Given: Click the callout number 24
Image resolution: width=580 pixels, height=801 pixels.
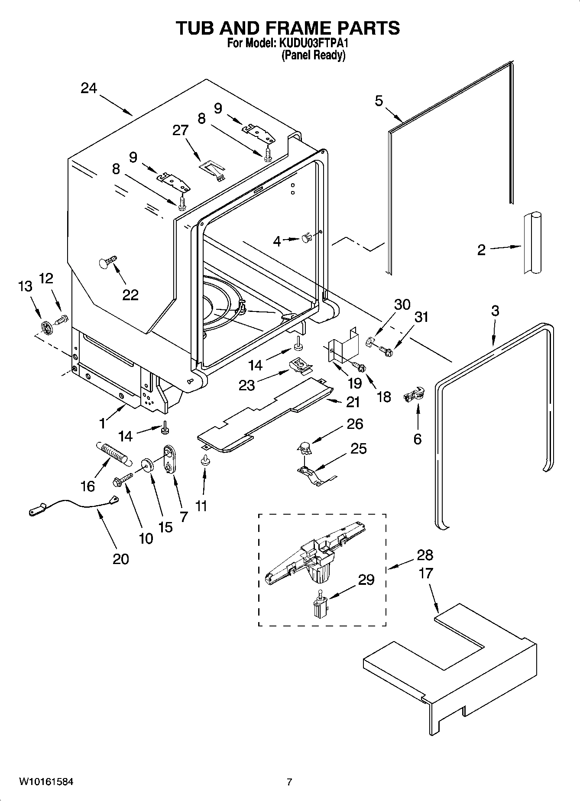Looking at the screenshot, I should pyautogui.click(x=89, y=88).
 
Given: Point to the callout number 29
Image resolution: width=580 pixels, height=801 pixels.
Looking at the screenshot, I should pyautogui.click(x=366, y=580).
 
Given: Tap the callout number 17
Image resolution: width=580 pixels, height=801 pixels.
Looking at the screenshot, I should pyautogui.click(x=426, y=573).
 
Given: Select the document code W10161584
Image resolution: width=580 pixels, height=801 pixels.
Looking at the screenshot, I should pyautogui.click(x=46, y=782).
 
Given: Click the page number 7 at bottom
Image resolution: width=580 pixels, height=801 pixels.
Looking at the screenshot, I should pyautogui.click(x=289, y=782).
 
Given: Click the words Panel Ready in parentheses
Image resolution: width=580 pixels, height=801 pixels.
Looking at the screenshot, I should pyautogui.click(x=313, y=55).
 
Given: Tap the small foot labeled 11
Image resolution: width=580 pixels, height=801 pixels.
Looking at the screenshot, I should pyautogui.click(x=204, y=462).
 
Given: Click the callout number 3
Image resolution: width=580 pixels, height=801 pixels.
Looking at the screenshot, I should pyautogui.click(x=495, y=311).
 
